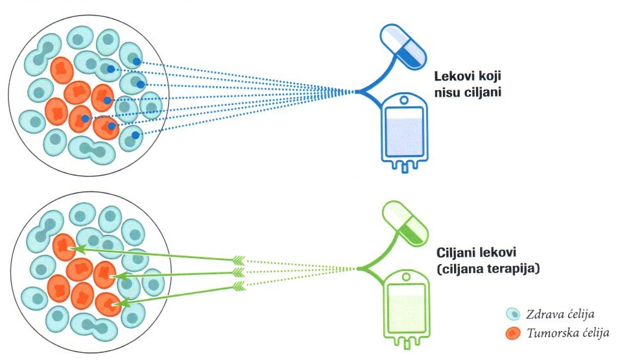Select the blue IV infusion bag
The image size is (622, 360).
click(404, 134)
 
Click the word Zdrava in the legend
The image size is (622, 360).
click(542, 315)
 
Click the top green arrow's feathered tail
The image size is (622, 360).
click(239, 261)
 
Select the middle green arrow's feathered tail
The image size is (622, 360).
click(239, 273)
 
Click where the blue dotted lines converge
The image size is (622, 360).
click(355, 92)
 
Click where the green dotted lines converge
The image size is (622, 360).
click(356, 268)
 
